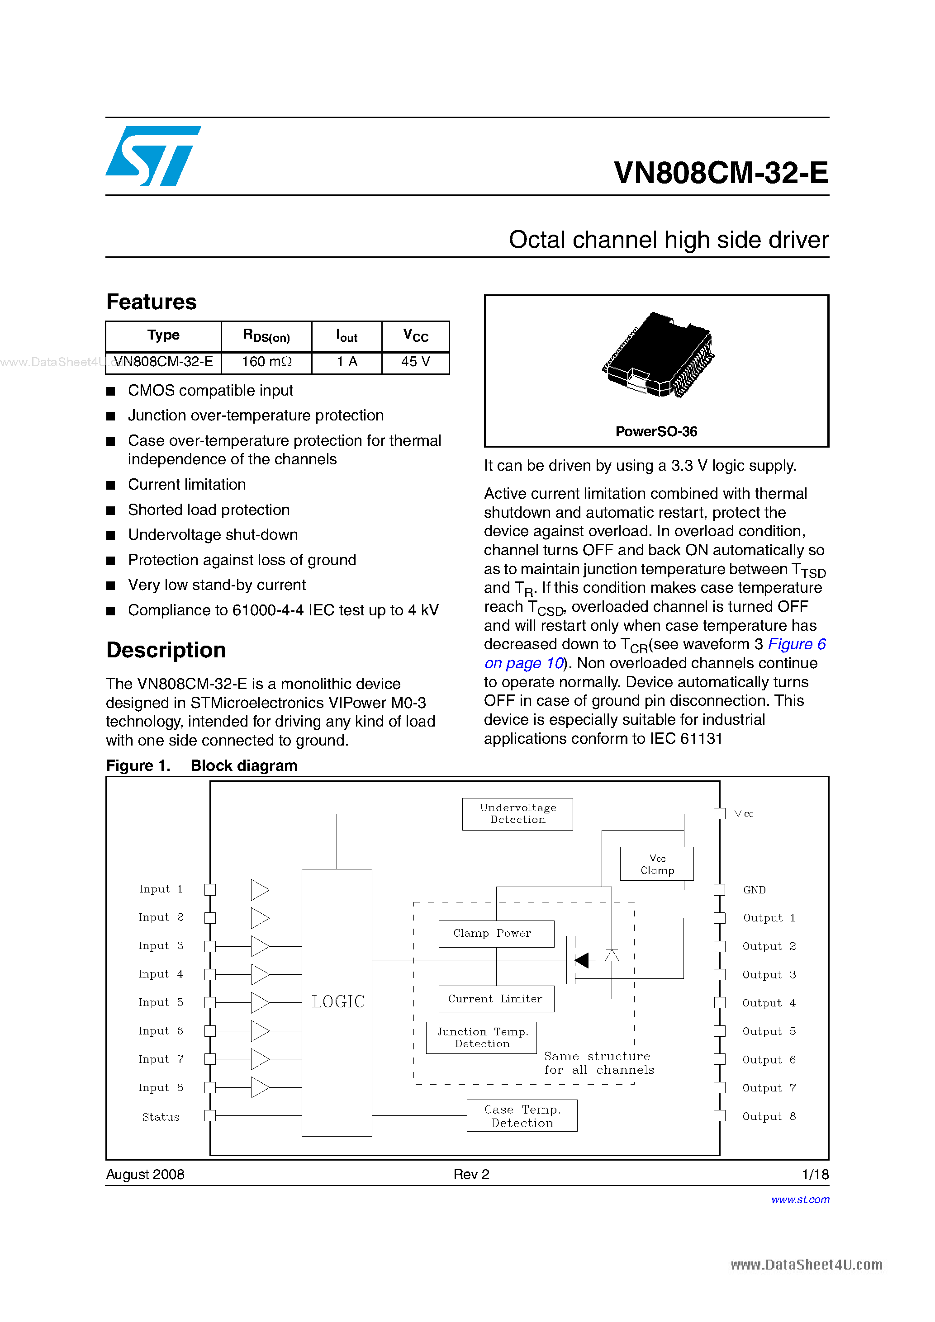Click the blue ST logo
[x=152, y=156]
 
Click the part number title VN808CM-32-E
[x=721, y=173]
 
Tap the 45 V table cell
[x=415, y=362]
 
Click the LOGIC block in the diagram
[x=337, y=1002]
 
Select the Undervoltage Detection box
[x=517, y=813]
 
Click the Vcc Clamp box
[x=657, y=864]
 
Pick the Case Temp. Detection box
[x=522, y=1116]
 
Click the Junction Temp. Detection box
[x=482, y=1038]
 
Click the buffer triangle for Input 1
[x=260, y=890]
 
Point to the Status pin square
[x=210, y=1116]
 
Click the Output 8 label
[x=769, y=1116]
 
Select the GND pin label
[x=754, y=890]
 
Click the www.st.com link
[x=800, y=1199]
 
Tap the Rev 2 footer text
[x=471, y=1175]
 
